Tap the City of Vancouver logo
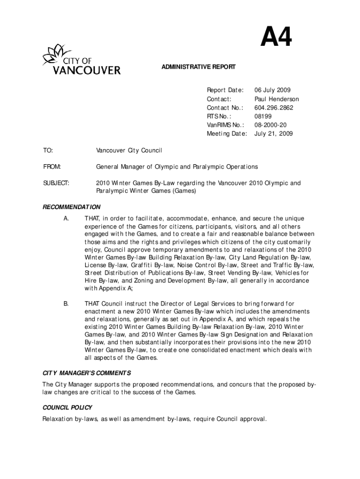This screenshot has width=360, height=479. coord(79,60)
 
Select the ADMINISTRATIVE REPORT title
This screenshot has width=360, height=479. coord(199,67)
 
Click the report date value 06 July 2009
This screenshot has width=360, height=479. coord(272,90)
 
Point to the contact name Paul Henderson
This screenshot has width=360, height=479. coord(276,99)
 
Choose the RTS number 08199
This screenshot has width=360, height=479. coord(262,116)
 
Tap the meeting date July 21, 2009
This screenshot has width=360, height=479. coord(274,134)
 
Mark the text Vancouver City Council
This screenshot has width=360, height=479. coord(129,151)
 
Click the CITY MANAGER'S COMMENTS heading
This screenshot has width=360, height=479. coord(86,373)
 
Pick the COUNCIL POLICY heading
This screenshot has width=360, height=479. coord(67,407)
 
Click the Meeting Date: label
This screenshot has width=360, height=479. coord(227,134)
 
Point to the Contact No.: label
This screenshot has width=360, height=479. coord(225,108)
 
